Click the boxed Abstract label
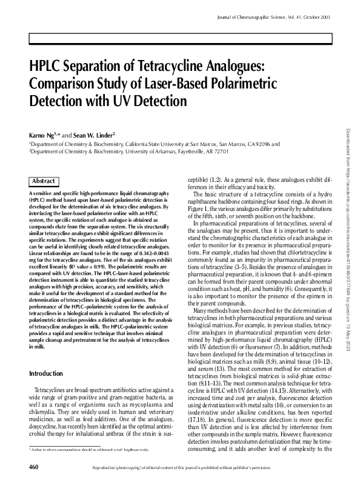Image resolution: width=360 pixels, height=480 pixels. (44, 181)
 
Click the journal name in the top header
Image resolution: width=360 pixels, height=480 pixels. (256, 20)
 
